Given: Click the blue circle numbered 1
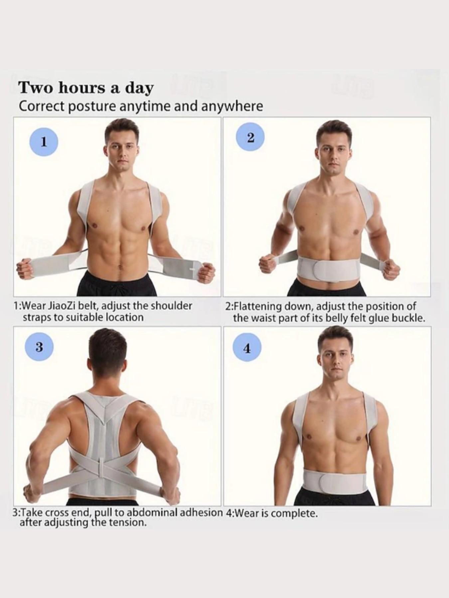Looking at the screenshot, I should point(44,142).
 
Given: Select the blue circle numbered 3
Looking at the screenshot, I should point(39,347).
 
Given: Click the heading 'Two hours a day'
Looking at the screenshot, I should point(86,88).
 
